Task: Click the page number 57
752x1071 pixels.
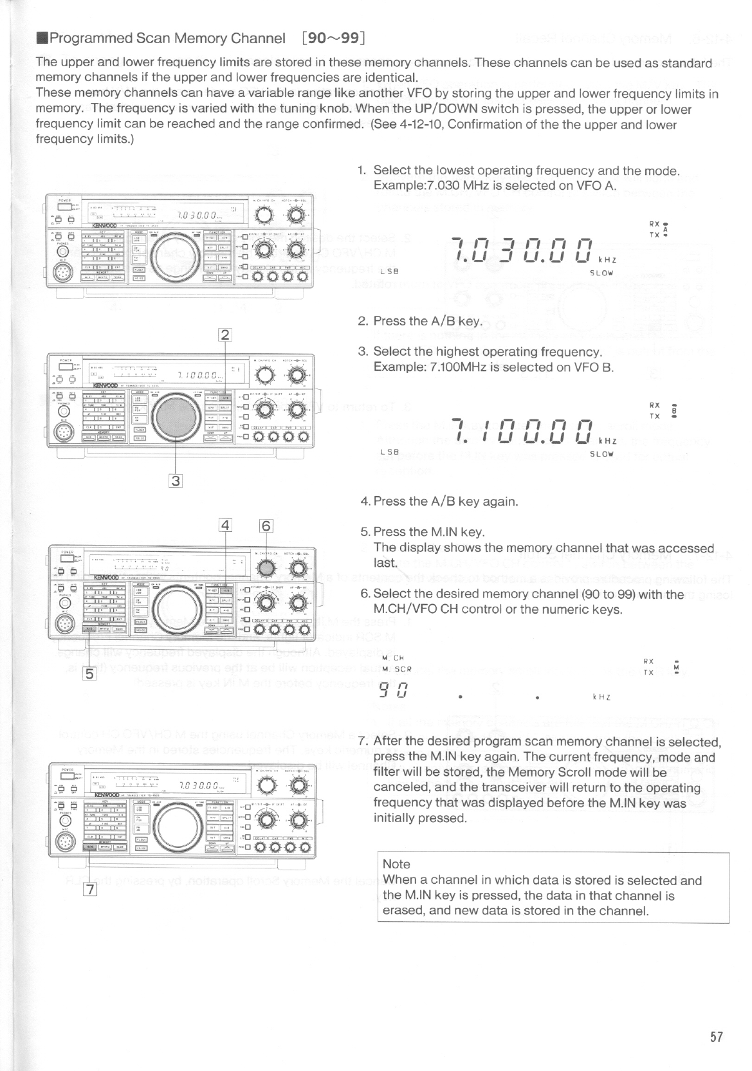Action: [x=717, y=1037]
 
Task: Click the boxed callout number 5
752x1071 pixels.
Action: [x=90, y=674]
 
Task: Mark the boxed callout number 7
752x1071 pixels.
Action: [x=90, y=890]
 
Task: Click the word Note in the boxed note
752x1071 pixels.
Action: [x=396, y=864]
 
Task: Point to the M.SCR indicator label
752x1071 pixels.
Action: [x=396, y=670]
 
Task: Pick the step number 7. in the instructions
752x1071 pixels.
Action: [x=363, y=741]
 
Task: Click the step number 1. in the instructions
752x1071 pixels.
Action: [x=363, y=170]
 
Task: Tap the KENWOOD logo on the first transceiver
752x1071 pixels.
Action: [x=104, y=226]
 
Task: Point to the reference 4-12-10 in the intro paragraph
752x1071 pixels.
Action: [x=419, y=124]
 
